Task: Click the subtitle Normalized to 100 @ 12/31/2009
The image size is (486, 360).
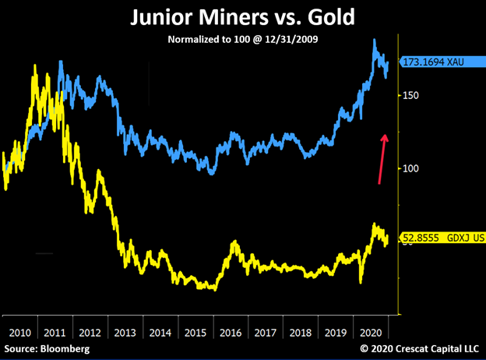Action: [x=242, y=38]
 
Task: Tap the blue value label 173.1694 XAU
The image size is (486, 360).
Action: [x=435, y=62]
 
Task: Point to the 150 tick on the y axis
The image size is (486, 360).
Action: [x=411, y=95]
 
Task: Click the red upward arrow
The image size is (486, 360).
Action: [x=382, y=158]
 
